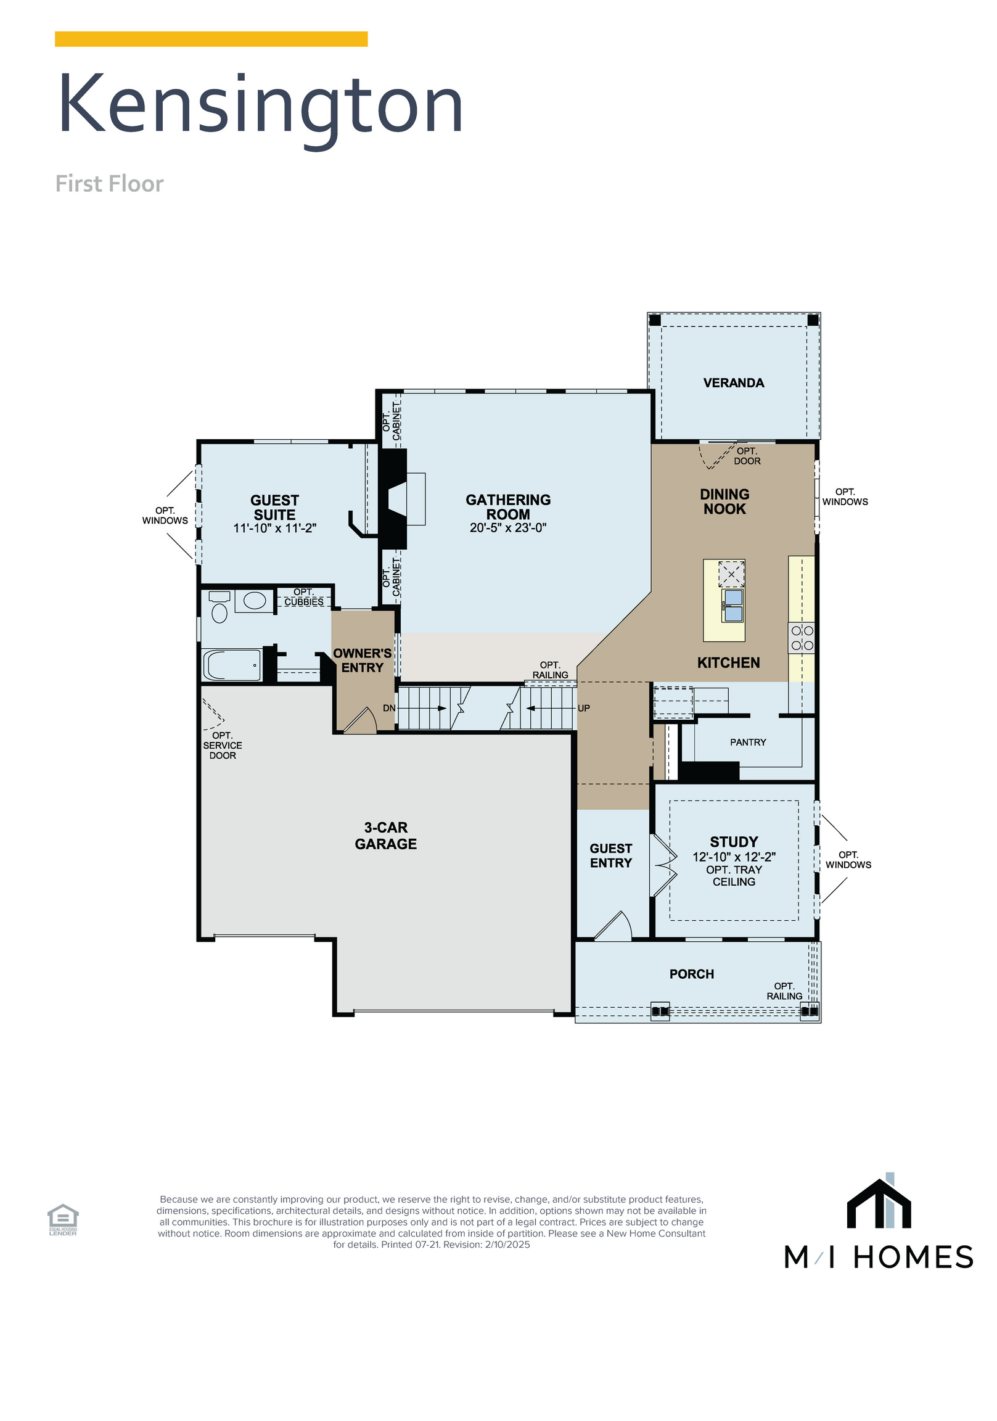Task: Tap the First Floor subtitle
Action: click(x=110, y=184)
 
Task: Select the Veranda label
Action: click(x=733, y=383)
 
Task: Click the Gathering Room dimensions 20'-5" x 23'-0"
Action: click(x=507, y=528)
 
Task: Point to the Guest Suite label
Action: click(x=274, y=508)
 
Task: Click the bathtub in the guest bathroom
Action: click(x=232, y=665)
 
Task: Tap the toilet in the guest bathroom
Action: click(x=220, y=606)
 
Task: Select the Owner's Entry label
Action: click(x=362, y=661)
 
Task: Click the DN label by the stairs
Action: click(x=388, y=708)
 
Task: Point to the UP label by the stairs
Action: click(x=584, y=708)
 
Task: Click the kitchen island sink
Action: click(x=732, y=605)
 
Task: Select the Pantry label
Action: click(x=747, y=742)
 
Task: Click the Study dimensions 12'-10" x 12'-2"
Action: click(x=734, y=857)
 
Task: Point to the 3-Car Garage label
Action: click(x=385, y=836)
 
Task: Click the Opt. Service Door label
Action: click(x=222, y=745)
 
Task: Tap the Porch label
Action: click(x=691, y=974)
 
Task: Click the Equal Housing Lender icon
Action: click(x=63, y=1219)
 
